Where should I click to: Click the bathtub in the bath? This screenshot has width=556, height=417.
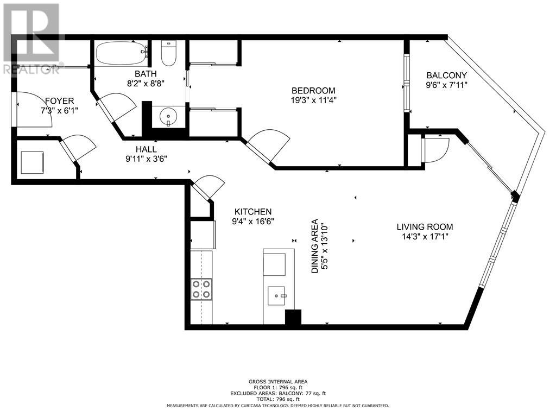122,53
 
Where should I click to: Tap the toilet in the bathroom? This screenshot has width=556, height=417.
169,54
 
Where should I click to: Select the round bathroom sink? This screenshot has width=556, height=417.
168,116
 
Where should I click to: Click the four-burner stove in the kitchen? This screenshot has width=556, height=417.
201,289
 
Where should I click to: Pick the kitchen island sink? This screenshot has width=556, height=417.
276,296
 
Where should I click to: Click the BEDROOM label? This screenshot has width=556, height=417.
313,91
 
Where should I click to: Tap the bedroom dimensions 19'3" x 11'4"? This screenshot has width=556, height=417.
313,100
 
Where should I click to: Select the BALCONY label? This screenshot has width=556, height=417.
446,75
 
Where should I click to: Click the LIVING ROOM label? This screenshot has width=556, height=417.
425,226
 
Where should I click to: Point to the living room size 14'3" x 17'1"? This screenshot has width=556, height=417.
425,237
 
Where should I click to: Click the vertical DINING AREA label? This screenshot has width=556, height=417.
314,246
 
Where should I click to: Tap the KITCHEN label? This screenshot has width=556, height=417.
253,212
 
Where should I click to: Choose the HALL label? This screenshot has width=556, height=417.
146,149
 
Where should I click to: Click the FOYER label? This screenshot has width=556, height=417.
59,101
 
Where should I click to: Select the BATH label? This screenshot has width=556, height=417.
146,74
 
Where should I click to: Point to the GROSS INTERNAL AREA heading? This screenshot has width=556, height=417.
277,382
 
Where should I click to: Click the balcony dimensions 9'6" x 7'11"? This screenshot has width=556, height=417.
446,85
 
